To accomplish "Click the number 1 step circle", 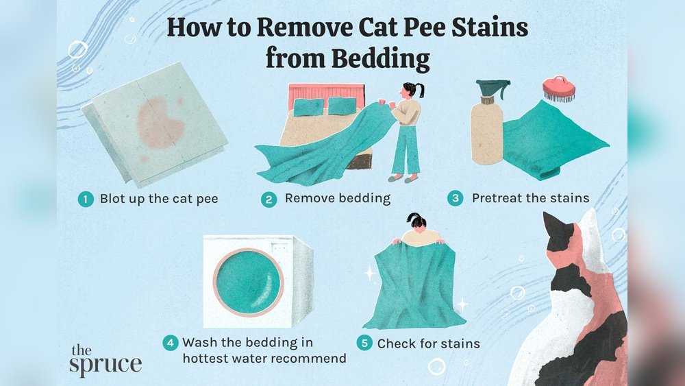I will tap(85, 200).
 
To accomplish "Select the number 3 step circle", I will tap(455, 199).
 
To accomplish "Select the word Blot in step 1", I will tap(112, 200).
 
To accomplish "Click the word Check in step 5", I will tap(397, 343).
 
